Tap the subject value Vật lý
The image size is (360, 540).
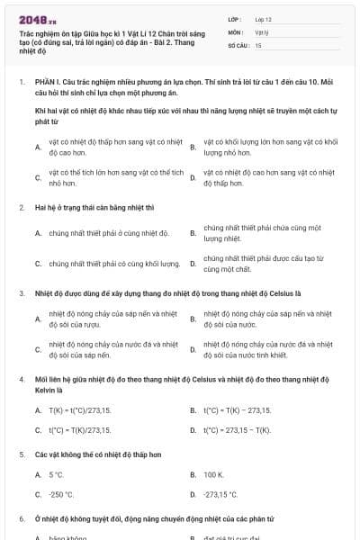point(260,31)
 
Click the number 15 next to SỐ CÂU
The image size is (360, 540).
point(258,43)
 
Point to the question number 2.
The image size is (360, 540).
point(21,207)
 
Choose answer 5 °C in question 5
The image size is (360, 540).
point(56,473)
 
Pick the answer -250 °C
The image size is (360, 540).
point(60,494)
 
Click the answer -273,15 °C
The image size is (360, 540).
point(220,494)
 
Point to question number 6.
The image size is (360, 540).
point(21,519)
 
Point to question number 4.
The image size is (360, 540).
point(21,379)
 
